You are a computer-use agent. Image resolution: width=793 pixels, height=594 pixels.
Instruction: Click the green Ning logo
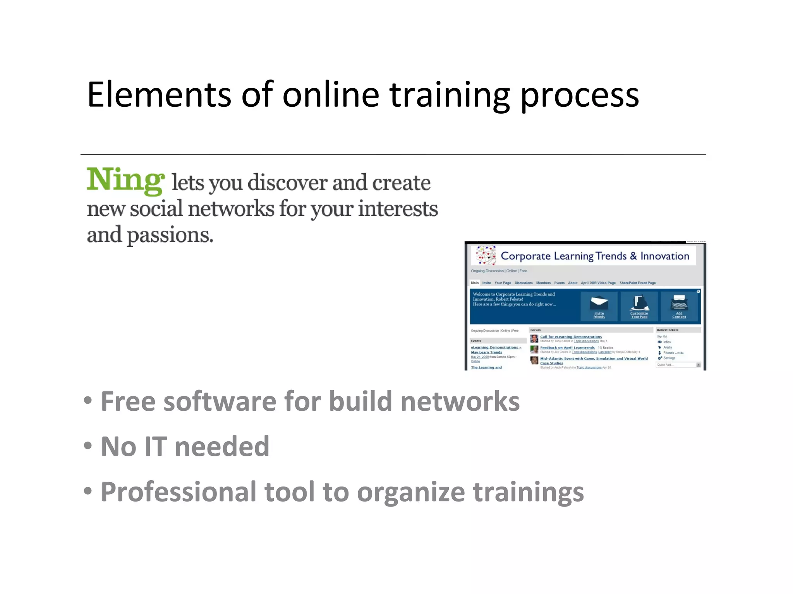pos(125,180)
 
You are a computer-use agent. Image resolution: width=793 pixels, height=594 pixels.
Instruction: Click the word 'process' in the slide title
pos(579,96)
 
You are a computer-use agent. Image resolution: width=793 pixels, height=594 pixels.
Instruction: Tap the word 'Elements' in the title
pos(159,95)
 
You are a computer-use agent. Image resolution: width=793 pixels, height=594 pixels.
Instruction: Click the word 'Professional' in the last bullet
pos(178,492)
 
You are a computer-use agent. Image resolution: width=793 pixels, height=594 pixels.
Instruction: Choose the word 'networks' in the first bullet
pos(460,401)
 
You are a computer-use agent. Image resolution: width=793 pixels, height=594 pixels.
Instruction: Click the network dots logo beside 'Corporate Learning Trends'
pos(486,256)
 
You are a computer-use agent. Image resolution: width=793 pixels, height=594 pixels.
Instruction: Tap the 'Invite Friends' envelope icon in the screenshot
pos(599,303)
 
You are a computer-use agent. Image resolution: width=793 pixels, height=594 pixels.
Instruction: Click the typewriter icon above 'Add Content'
pos(679,302)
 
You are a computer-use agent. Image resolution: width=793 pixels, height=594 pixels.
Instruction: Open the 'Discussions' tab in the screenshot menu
pos(524,283)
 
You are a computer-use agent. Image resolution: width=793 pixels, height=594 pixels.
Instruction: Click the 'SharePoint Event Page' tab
pos(637,283)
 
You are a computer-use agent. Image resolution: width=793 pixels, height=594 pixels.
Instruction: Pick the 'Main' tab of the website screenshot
pos(475,283)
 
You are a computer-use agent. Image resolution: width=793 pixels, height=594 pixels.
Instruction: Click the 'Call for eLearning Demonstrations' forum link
pos(571,337)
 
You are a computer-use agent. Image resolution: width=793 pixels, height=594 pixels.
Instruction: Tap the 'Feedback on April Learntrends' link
pos(567,348)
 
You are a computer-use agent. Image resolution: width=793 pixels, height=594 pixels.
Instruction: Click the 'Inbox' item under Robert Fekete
pos(667,342)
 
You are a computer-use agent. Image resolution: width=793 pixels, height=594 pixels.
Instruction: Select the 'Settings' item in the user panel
pos(669,358)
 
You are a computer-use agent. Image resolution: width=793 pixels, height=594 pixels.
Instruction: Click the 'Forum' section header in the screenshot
pos(536,330)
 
